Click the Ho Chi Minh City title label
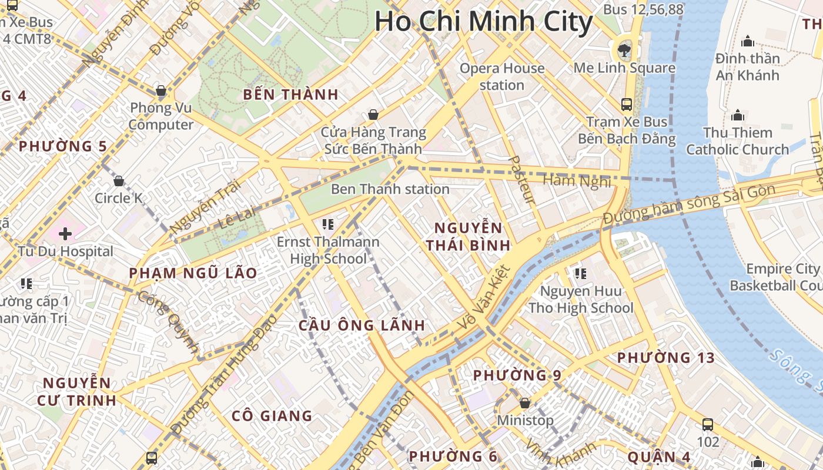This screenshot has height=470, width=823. point(483,21)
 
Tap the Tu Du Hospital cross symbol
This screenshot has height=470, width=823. point(65,234)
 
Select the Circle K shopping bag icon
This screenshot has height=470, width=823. point(119,181)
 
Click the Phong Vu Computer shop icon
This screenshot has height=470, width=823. point(160,90)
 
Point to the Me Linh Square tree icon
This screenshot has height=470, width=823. point(624,51)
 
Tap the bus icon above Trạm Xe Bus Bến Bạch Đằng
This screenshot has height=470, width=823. point(627,105)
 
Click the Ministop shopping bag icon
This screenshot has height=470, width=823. point(525,403)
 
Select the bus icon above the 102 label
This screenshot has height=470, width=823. point(708,424)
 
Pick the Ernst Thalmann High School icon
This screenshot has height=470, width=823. point(328,224)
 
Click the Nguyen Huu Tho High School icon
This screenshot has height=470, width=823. point(581,273)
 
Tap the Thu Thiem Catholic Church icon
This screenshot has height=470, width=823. point(737,115)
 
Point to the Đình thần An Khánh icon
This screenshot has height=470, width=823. point(748,41)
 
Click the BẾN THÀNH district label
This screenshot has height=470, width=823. point(290,95)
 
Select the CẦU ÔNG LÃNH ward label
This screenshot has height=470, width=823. point(362,325)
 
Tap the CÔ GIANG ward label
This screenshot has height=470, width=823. point(272,416)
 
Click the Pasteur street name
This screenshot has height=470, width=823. point(521,180)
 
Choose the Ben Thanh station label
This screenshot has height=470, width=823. point(390,189)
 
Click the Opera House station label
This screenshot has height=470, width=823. point(502,76)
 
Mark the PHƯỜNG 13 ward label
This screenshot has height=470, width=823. point(665,358)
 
